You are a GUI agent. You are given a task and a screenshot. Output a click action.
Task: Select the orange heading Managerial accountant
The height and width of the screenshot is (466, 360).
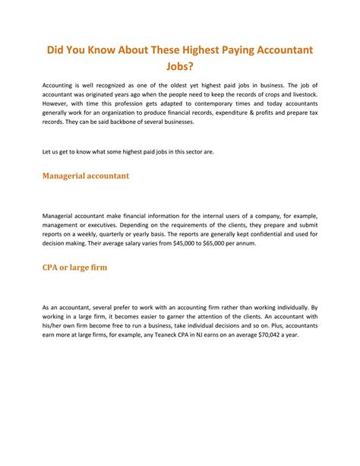[85, 176]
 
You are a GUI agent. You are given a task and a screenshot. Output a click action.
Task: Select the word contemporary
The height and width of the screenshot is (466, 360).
[219, 102]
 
